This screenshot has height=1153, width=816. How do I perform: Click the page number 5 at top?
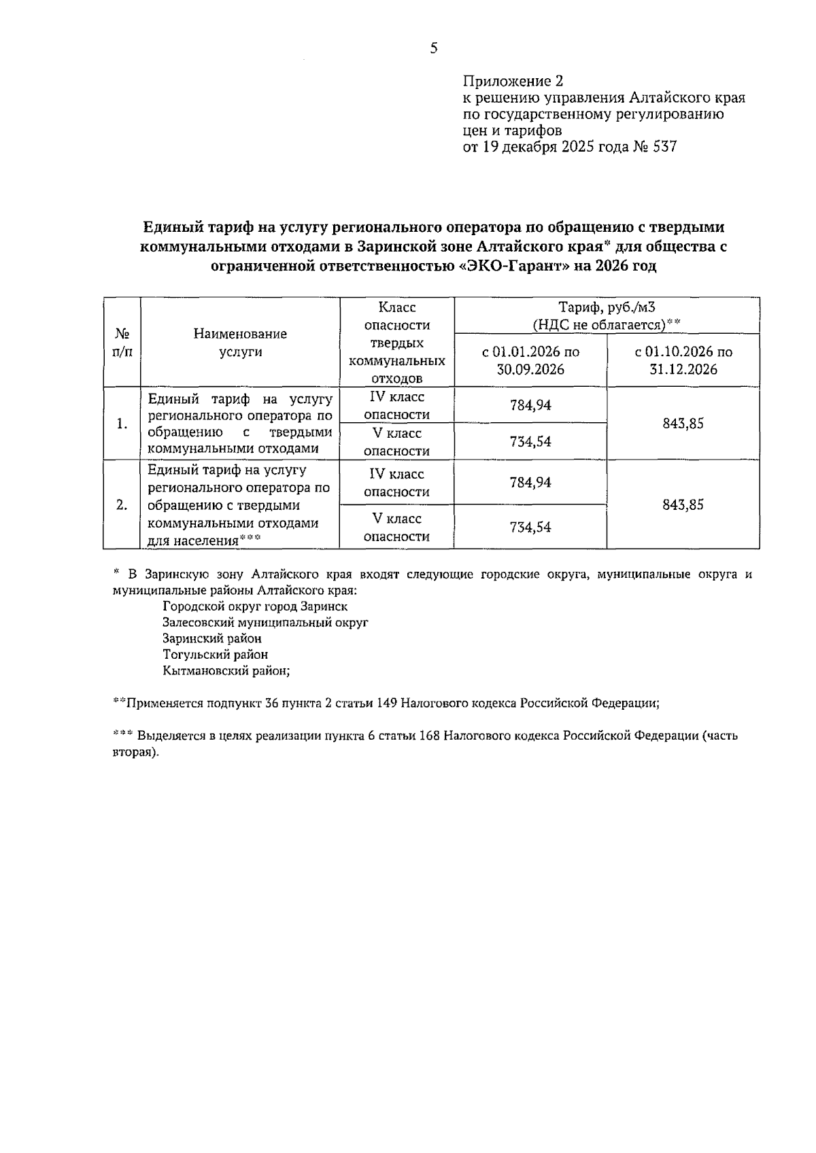coord(434,48)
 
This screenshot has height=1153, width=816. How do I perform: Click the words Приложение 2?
coord(513,82)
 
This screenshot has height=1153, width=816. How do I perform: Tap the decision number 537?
coord(664,147)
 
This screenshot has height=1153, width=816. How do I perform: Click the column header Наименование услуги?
coord(240,343)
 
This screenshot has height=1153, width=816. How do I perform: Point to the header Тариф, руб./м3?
coord(607,308)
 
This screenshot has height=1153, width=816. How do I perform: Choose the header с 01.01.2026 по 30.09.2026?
coord(530,360)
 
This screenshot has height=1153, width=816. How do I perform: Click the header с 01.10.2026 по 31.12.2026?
coord(683,360)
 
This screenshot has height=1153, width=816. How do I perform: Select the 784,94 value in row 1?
coord(530,406)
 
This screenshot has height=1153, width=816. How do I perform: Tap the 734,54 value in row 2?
coord(530,528)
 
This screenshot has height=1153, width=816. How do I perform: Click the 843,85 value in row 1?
coord(683,424)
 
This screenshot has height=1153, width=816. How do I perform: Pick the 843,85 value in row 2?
coord(683,505)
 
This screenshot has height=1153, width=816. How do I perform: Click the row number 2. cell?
coord(122,505)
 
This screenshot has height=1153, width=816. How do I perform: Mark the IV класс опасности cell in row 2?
coord(396,483)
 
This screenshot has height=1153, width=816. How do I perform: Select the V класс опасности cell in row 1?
coord(396,442)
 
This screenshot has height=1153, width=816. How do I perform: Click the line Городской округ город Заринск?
coord(255,606)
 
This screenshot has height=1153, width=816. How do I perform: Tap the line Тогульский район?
coord(215,655)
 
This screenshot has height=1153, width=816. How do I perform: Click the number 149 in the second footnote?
coord(386,703)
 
